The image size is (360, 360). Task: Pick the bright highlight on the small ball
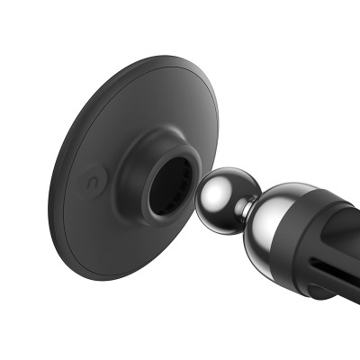[x=216, y=186]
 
